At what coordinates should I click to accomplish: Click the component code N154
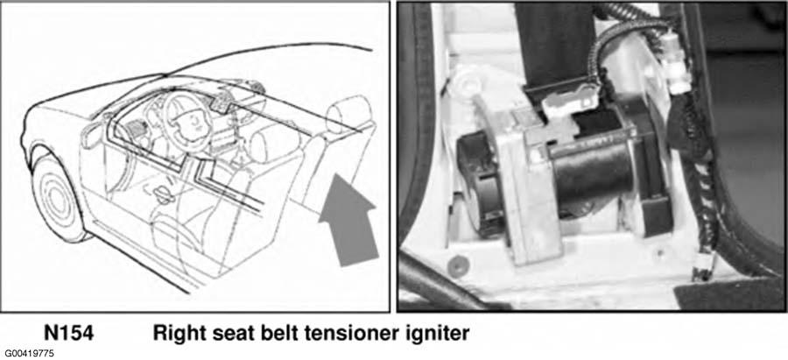68,334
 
